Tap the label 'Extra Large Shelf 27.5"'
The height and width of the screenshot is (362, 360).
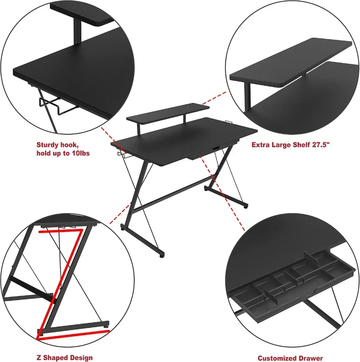(291, 145)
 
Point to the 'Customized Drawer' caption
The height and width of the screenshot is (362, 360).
(290, 358)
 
